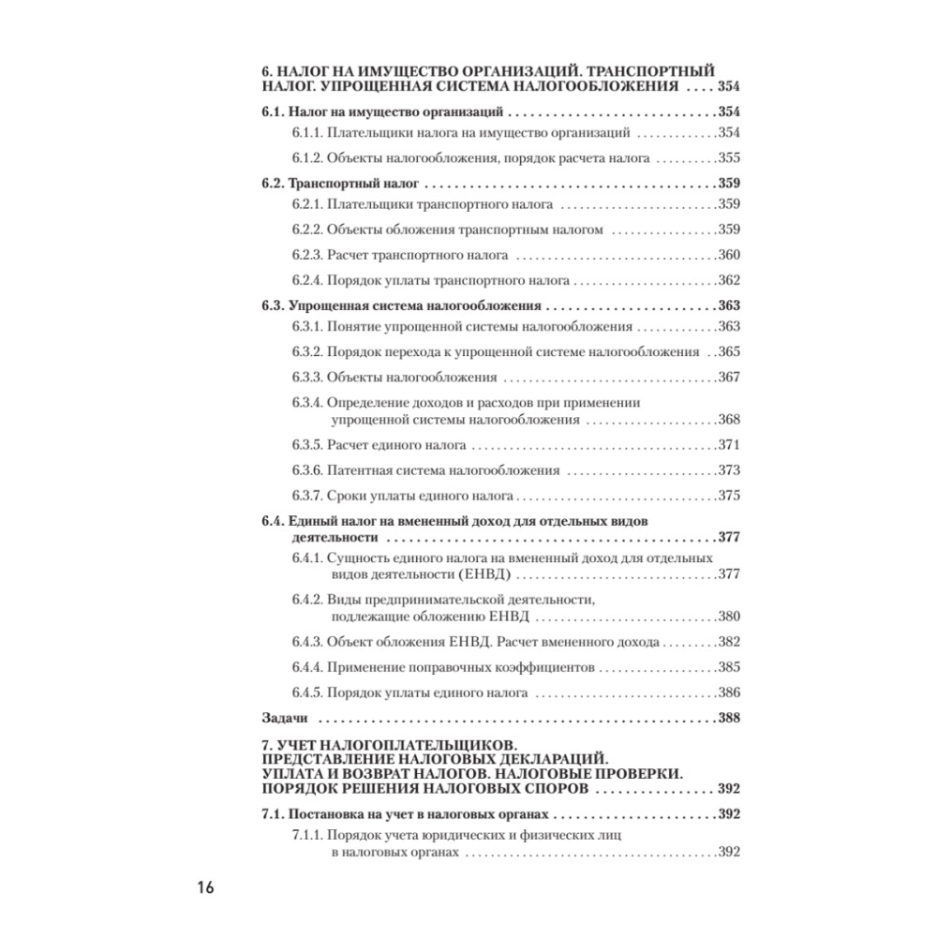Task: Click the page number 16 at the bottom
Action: (205, 887)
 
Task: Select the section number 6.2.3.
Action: (306, 255)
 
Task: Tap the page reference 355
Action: (728, 157)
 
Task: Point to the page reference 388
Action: (728, 719)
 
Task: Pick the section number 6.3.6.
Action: (306, 470)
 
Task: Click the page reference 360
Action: (728, 255)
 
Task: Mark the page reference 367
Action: (728, 378)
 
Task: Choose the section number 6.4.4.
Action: (306, 668)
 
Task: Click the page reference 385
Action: (728, 668)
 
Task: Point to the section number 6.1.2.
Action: (306, 157)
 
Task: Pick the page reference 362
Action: (728, 279)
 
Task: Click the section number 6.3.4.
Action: (306, 403)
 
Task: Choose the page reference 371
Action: (728, 445)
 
